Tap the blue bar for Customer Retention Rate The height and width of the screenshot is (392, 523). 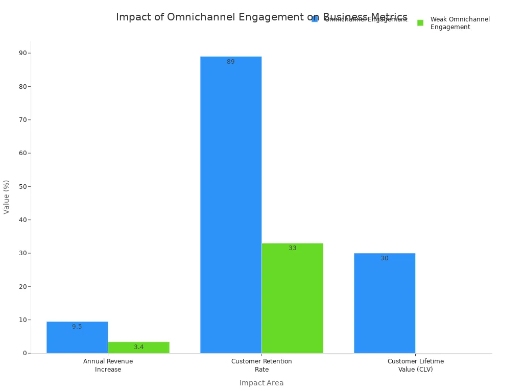point(231,204)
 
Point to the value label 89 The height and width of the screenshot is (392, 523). point(231,62)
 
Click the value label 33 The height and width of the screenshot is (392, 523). point(292,248)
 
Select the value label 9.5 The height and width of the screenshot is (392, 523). point(77,327)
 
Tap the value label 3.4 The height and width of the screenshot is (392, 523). point(138,347)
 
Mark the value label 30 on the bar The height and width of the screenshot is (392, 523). point(385,258)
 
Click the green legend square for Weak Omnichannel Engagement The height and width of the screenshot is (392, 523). point(420,23)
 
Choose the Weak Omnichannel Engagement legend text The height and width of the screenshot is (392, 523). point(460,23)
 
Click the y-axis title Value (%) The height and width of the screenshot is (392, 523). point(7,197)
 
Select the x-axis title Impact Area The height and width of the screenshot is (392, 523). point(261,383)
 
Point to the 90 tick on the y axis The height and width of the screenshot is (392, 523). point(22,53)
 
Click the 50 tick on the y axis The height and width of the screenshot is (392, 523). point(22,186)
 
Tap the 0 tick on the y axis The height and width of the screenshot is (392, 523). point(25,353)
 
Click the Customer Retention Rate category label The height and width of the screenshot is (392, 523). point(261,365)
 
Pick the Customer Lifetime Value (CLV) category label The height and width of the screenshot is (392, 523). point(415,365)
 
